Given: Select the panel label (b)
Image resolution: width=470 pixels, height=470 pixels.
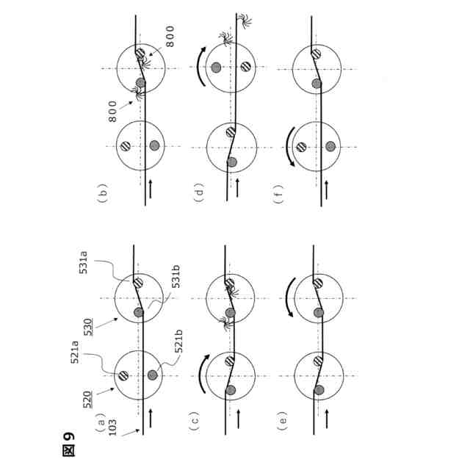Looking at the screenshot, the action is pyautogui.click(x=102, y=193).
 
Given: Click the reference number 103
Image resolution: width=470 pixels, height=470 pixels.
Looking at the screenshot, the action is pyautogui.click(x=112, y=427).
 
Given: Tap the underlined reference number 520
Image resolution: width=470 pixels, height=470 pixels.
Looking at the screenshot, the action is pyautogui.click(x=87, y=399).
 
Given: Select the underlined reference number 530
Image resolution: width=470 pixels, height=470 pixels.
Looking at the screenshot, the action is pyautogui.click(x=87, y=328).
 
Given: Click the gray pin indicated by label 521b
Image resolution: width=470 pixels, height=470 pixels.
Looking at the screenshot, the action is pyautogui.click(x=152, y=375).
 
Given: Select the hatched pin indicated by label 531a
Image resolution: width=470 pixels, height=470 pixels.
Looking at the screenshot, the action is pyautogui.click(x=138, y=282).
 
